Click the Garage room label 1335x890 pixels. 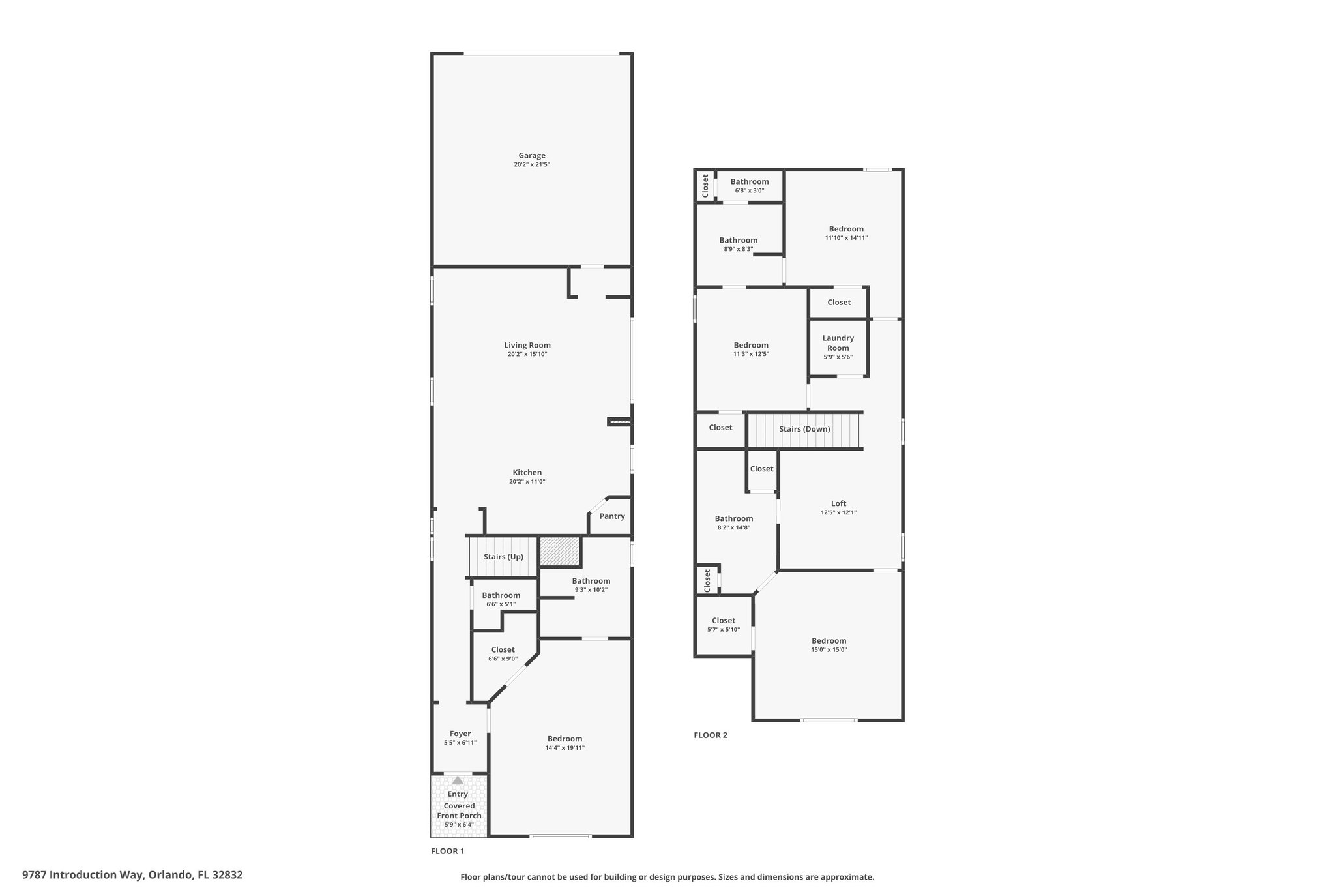click(532, 156)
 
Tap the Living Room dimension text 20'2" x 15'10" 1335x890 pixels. click(527, 355)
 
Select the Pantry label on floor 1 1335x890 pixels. click(612, 516)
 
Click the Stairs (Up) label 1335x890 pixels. click(503, 557)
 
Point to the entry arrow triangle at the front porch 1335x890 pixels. click(458, 780)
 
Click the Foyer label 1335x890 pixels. click(460, 734)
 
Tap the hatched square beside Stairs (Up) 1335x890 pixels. click(560, 552)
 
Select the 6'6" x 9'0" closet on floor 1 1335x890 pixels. click(503, 654)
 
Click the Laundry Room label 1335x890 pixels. click(838, 343)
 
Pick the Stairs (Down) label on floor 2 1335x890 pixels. click(804, 429)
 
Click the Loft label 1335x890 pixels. click(838, 503)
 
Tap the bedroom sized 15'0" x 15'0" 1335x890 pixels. click(829, 645)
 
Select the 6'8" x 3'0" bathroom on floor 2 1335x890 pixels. click(749, 186)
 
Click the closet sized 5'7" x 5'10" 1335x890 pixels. click(724, 625)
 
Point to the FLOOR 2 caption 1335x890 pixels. click(710, 735)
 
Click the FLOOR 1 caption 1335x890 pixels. click(447, 851)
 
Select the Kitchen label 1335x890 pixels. click(527, 473)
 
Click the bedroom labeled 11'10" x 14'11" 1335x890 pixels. click(846, 233)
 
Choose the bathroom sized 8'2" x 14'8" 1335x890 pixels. click(733, 523)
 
